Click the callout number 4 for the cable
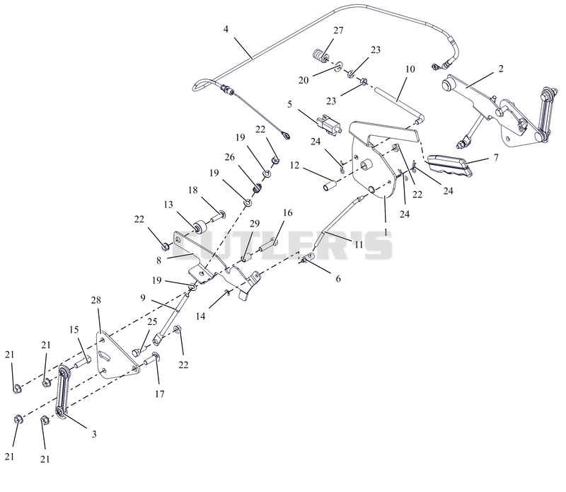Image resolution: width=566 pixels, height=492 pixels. pos(226,29)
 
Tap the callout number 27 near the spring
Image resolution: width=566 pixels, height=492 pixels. pos(338,30)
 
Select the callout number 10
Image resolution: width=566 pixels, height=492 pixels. pos(410,69)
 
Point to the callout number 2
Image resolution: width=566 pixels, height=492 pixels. pos(501,69)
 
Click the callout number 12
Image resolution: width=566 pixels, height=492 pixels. pos(294,165)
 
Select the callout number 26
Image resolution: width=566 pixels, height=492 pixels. pos(229,157)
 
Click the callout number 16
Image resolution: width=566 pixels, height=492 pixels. pos(288,213)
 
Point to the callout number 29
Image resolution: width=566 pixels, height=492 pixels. pos(255,224)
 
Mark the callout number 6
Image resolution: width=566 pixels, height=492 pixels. pos(338,278)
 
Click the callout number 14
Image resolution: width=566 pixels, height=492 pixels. pos(200,316)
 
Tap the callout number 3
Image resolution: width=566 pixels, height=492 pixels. pos(94,434)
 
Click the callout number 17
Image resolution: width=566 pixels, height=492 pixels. pos(160,394)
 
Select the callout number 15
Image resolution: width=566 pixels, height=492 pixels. pos(74,329)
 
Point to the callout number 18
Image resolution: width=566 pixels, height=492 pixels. pos(193,190)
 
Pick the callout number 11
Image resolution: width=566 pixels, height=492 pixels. pos(359,244)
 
